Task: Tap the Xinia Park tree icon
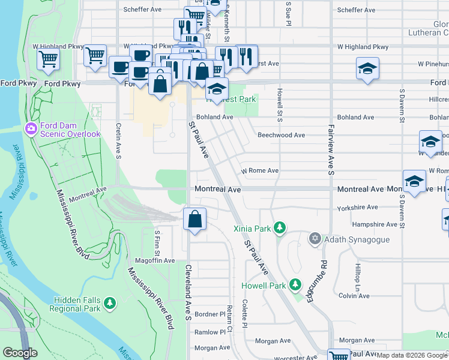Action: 279,228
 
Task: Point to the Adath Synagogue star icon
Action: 315,239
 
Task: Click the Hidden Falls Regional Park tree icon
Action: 109,304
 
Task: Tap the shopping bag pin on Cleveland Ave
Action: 194,220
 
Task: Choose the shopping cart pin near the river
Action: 48,59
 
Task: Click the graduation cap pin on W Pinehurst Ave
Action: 367,68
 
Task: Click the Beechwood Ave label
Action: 282,135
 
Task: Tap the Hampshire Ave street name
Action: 376,224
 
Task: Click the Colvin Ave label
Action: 354,296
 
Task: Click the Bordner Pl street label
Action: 209,314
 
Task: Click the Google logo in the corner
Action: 20,353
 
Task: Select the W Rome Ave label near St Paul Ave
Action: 260,170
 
